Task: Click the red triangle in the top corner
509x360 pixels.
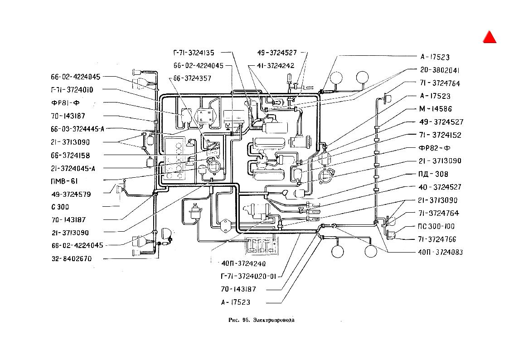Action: click(490, 38)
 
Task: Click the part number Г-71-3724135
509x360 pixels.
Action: click(194, 53)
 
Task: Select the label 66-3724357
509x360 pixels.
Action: click(192, 78)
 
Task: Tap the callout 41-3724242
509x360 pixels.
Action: click(276, 66)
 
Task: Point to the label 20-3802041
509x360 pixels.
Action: click(440, 70)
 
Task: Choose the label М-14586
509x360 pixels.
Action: click(435, 109)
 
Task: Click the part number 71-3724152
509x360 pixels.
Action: click(440, 135)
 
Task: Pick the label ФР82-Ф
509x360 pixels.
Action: click(435, 148)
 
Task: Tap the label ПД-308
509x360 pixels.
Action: click(433, 174)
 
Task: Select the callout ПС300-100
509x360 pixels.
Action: click(436, 226)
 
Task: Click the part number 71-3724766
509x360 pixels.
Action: click(437, 239)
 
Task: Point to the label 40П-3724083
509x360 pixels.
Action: click(441, 252)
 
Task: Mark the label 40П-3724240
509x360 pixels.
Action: click(243, 263)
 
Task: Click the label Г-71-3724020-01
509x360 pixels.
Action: click(248, 276)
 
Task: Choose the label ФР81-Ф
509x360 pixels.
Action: click(65, 103)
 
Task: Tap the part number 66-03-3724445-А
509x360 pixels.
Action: click(78, 129)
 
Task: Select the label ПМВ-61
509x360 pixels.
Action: click(64, 181)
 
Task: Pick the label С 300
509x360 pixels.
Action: click(60, 207)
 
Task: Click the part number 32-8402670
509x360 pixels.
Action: click(72, 259)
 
